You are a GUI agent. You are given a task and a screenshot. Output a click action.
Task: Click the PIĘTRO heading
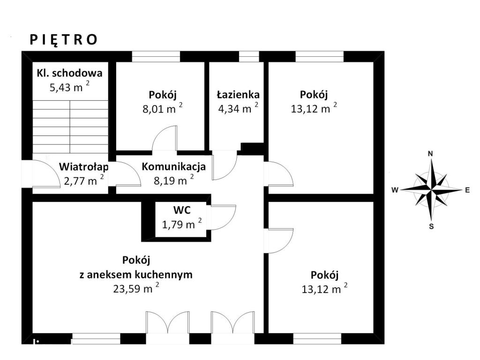pos(63,40)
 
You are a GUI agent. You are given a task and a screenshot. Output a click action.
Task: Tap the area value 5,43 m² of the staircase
pos(70,87)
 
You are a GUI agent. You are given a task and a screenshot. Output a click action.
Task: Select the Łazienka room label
pos(238,95)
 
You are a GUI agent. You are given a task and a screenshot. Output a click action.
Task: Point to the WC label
pos(182,210)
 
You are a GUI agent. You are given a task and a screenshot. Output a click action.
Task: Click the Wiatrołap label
pos(83,167)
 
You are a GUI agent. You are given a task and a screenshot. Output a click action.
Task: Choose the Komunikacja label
pos(173,166)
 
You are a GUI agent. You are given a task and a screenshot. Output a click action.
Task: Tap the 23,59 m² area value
pos(136,288)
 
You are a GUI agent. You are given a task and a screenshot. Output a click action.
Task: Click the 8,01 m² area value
pos(163,109)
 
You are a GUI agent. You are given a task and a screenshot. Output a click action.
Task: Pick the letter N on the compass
pos(430,154)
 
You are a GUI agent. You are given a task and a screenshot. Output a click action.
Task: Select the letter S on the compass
pos(431,227)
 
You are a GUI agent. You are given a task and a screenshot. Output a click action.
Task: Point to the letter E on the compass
pos(467,190)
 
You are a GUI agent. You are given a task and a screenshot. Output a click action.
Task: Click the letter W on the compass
pos(395,190)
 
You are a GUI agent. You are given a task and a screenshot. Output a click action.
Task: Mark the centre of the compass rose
pos(431,190)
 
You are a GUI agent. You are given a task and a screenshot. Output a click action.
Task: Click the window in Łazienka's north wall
pos(249,57)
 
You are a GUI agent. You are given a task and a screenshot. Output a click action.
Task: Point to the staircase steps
pos(70,127)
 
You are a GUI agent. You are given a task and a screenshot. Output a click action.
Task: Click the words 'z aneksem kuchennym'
pos(136,275)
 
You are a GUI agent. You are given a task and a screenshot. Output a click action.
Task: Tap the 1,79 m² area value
pos(182,225)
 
